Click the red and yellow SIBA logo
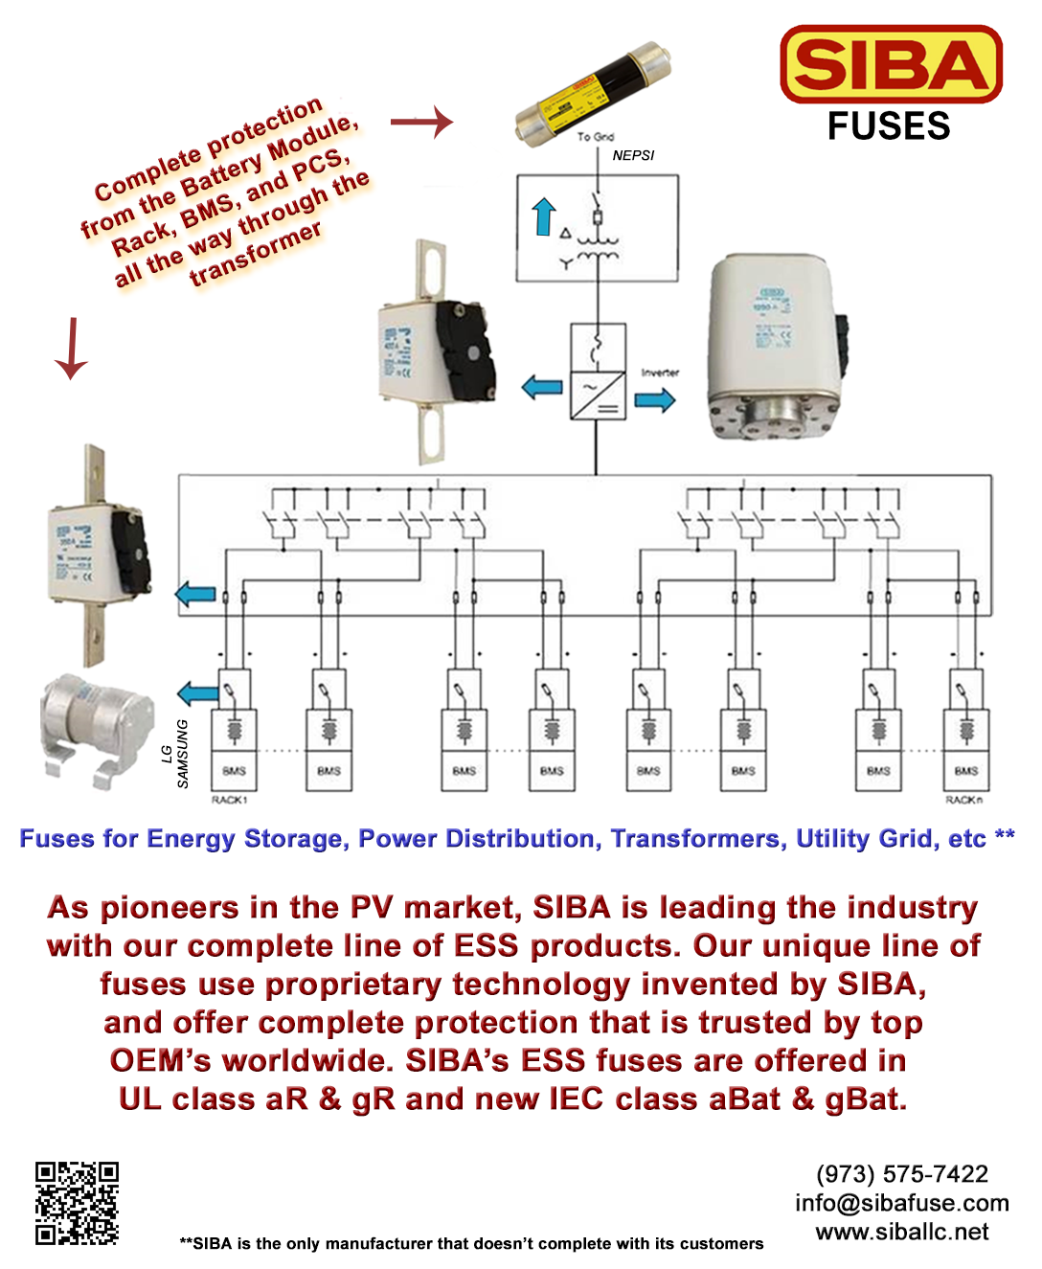pyautogui.click(x=891, y=64)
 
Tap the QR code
pyautogui.click(x=77, y=1203)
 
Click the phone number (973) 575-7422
pyautogui.click(x=901, y=1174)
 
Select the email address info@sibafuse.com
pyautogui.click(x=901, y=1203)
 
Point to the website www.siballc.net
pyautogui.click(x=901, y=1232)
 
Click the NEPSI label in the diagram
pyautogui.click(x=633, y=155)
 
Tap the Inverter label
pyautogui.click(x=660, y=373)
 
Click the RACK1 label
pyautogui.click(x=230, y=800)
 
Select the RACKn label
pyautogui.click(x=963, y=800)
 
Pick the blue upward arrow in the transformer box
pyautogui.click(x=544, y=216)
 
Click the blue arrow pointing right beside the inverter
pyautogui.click(x=655, y=399)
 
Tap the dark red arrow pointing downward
pyautogui.click(x=71, y=349)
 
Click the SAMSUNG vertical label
pyautogui.click(x=183, y=754)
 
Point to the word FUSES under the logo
pyautogui.click(x=889, y=126)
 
